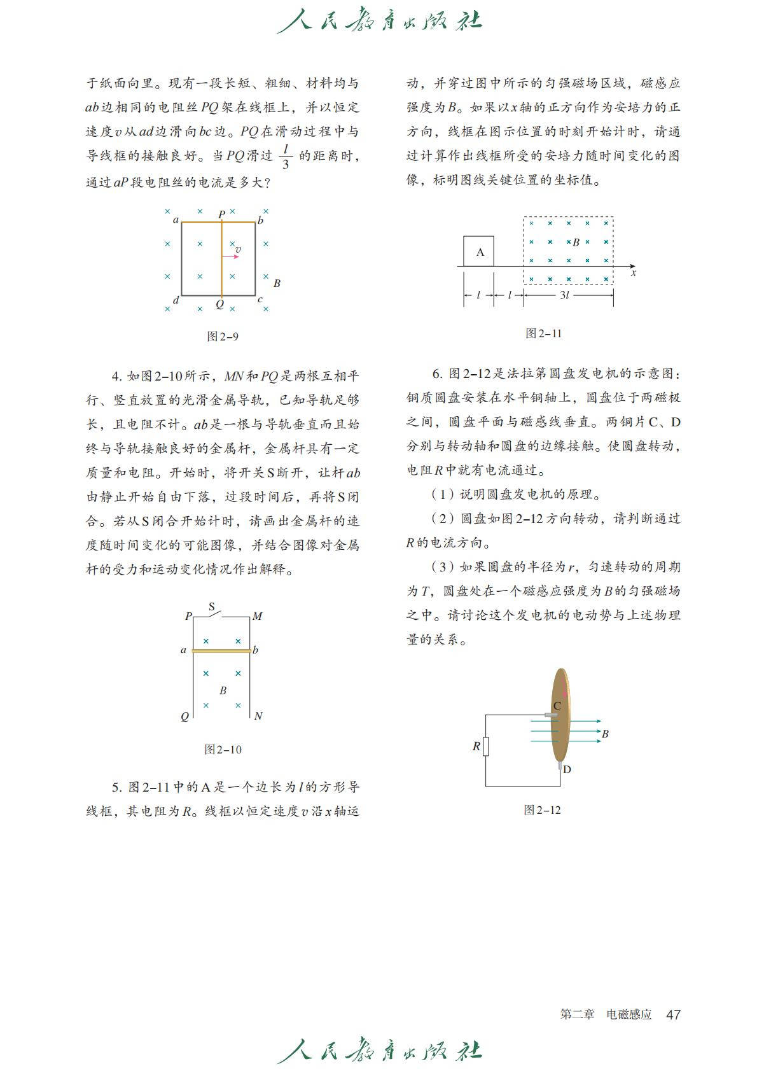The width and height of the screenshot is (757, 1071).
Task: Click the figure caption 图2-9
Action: tap(223, 336)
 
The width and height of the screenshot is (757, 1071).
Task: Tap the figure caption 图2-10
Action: tap(223, 749)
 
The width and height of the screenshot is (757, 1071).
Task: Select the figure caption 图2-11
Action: tap(543, 333)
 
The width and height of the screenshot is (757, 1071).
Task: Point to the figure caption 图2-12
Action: tap(542, 809)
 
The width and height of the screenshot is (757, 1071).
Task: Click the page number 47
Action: tap(673, 1014)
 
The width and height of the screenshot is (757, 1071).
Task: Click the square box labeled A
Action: tap(480, 251)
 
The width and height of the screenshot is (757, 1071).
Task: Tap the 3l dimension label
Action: tap(564, 295)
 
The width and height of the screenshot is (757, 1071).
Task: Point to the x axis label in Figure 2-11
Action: tap(634, 273)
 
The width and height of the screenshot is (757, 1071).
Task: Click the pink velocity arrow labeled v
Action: tap(232, 256)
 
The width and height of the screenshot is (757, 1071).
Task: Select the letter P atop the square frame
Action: tap(221, 214)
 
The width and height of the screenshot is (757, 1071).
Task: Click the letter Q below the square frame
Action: tap(220, 304)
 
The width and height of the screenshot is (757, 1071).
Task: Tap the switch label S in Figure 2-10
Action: tap(212, 606)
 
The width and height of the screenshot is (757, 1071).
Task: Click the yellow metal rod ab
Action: tap(221, 650)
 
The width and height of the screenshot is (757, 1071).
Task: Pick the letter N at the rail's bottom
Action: tap(258, 716)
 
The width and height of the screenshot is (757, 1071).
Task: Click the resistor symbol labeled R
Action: tap(486, 746)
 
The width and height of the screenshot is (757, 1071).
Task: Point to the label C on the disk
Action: tap(557, 705)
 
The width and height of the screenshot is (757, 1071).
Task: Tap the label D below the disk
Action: tap(567, 769)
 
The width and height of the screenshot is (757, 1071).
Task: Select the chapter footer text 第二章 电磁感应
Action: tap(606, 1014)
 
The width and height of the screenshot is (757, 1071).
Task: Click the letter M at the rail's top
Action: tap(257, 616)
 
